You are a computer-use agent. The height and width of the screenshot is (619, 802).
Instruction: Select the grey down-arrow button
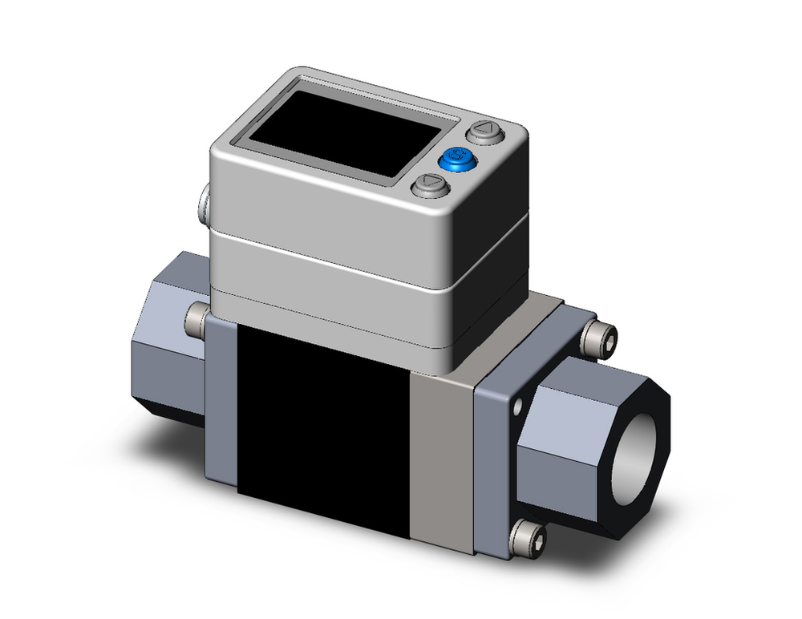coord(429,187)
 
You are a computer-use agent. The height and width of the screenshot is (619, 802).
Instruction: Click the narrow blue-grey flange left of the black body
coord(221,401)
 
